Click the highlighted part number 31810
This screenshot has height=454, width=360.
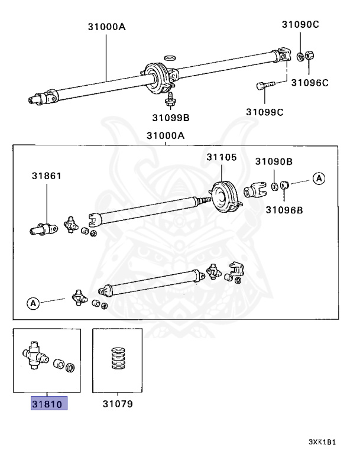50,404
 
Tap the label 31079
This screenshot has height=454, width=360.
117,404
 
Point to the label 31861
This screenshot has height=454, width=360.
46,176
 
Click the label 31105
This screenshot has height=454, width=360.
221,157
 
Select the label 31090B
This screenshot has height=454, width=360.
274,161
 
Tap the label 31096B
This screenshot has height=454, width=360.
284,209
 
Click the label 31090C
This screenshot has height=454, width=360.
300,24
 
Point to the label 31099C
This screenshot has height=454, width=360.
265,111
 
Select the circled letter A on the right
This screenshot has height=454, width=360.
319,178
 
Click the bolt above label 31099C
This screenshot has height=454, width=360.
267,86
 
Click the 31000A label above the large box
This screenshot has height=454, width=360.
166,135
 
